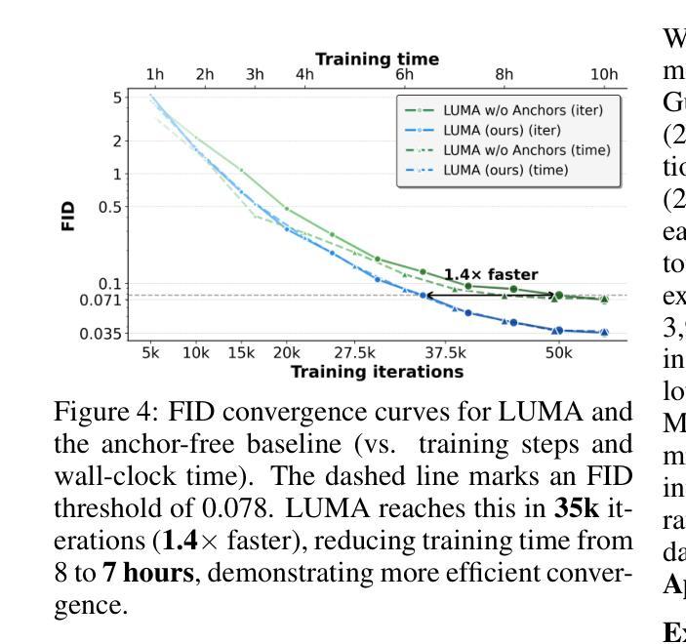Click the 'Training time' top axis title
click(377, 59)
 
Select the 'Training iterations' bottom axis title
click(377, 372)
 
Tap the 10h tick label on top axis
click(605, 74)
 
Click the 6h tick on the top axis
click(405, 74)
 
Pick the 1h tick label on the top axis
click(155, 74)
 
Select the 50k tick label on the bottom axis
click(558, 352)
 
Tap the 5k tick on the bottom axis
click(150, 352)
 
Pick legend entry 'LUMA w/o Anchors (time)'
click(527, 150)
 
